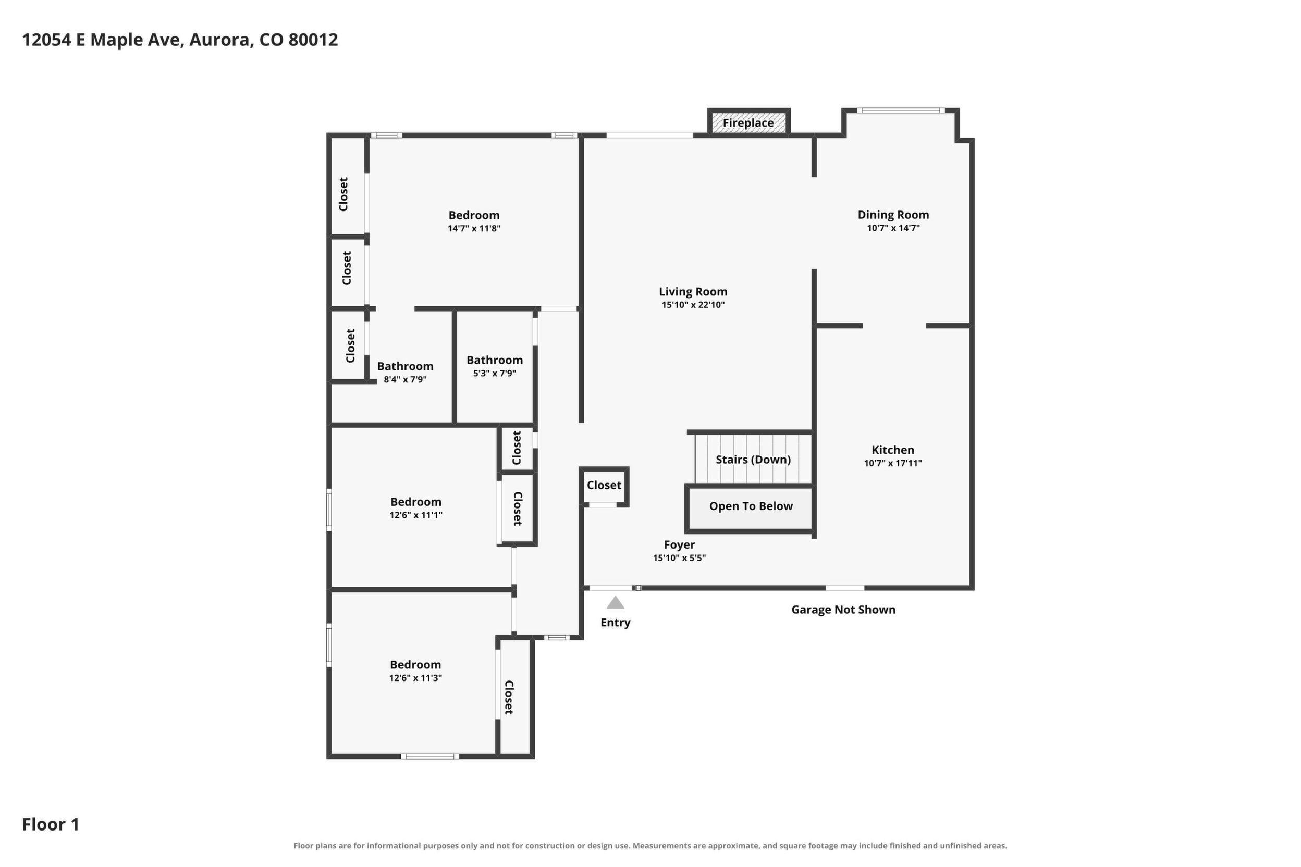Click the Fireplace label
pyautogui.click(x=748, y=123)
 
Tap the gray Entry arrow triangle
pyautogui.click(x=615, y=603)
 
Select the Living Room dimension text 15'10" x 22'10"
pyautogui.click(x=693, y=305)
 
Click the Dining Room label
pyautogui.click(x=893, y=215)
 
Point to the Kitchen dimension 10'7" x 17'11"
pyautogui.click(x=893, y=463)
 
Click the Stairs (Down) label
pyautogui.click(x=753, y=460)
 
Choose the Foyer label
pyautogui.click(x=679, y=544)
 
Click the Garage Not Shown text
pyautogui.click(x=843, y=609)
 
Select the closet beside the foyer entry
pyautogui.click(x=604, y=486)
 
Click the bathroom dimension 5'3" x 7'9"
pyautogui.click(x=495, y=373)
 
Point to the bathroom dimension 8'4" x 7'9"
pyautogui.click(x=405, y=379)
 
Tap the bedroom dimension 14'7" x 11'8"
pyautogui.click(x=474, y=228)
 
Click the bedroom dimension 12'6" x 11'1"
pyautogui.click(x=415, y=515)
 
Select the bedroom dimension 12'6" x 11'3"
pyautogui.click(x=415, y=678)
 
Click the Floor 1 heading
pyautogui.click(x=51, y=824)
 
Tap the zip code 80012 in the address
pyautogui.click(x=313, y=40)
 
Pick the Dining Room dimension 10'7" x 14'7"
pyautogui.click(x=893, y=228)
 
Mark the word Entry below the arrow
pyautogui.click(x=615, y=623)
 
